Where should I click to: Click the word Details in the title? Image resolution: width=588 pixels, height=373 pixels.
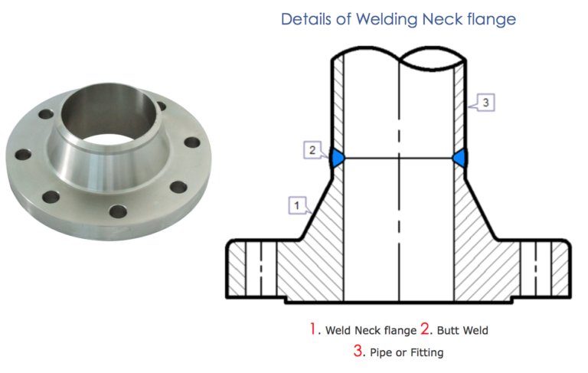[x=308, y=19]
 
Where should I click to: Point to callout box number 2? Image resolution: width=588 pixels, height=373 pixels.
[x=312, y=150]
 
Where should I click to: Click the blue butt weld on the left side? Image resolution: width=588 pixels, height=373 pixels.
[x=336, y=158]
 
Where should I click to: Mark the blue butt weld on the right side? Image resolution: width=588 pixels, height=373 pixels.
[x=460, y=158]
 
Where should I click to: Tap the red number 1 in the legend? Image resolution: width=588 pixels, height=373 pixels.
[x=313, y=330]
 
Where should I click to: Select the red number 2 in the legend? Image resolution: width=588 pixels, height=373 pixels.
[x=425, y=330]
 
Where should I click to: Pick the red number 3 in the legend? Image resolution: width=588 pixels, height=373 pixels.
[x=357, y=352]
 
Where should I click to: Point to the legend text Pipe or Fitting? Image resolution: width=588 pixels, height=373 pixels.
[x=405, y=352]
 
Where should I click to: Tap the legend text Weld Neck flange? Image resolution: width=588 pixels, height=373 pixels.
[x=371, y=331]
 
